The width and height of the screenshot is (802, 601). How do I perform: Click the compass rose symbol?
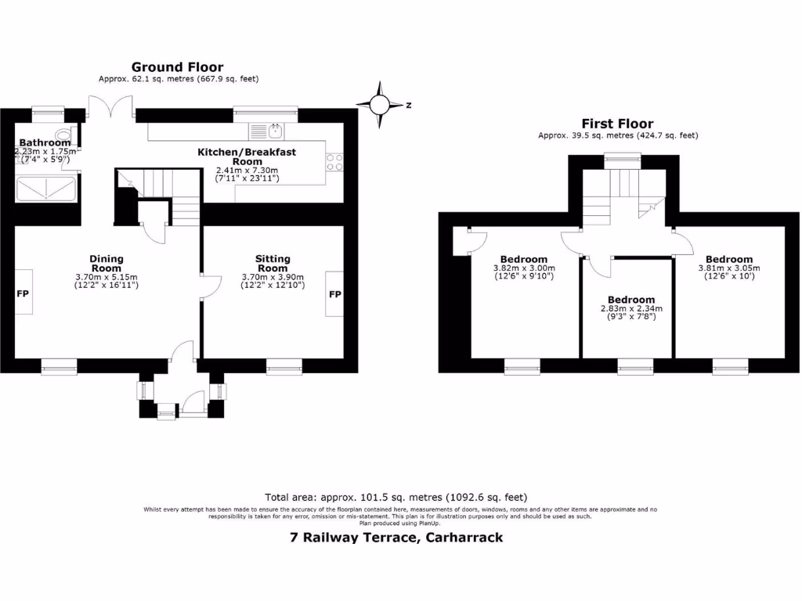coord(380,104)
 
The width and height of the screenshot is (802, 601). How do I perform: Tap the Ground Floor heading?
coord(177,67)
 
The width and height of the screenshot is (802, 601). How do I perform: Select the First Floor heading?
coord(617,124)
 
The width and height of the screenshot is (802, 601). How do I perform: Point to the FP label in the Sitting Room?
coord(335,294)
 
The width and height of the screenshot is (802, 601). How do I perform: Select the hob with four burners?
coord(334,161)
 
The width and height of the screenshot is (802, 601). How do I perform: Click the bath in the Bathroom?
coord(46,189)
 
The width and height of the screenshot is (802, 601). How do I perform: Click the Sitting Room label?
coord(273,264)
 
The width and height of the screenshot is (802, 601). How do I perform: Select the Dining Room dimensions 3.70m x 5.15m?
coord(107,277)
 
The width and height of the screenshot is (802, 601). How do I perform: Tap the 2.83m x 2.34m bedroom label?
coord(630,308)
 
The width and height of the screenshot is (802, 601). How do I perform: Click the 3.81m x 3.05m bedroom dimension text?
coord(728,268)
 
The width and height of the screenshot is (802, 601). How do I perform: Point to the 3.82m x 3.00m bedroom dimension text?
coord(524,268)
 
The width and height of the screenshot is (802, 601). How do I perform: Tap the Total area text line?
coord(396,497)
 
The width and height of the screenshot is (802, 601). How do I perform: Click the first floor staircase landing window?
coord(623,160)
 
